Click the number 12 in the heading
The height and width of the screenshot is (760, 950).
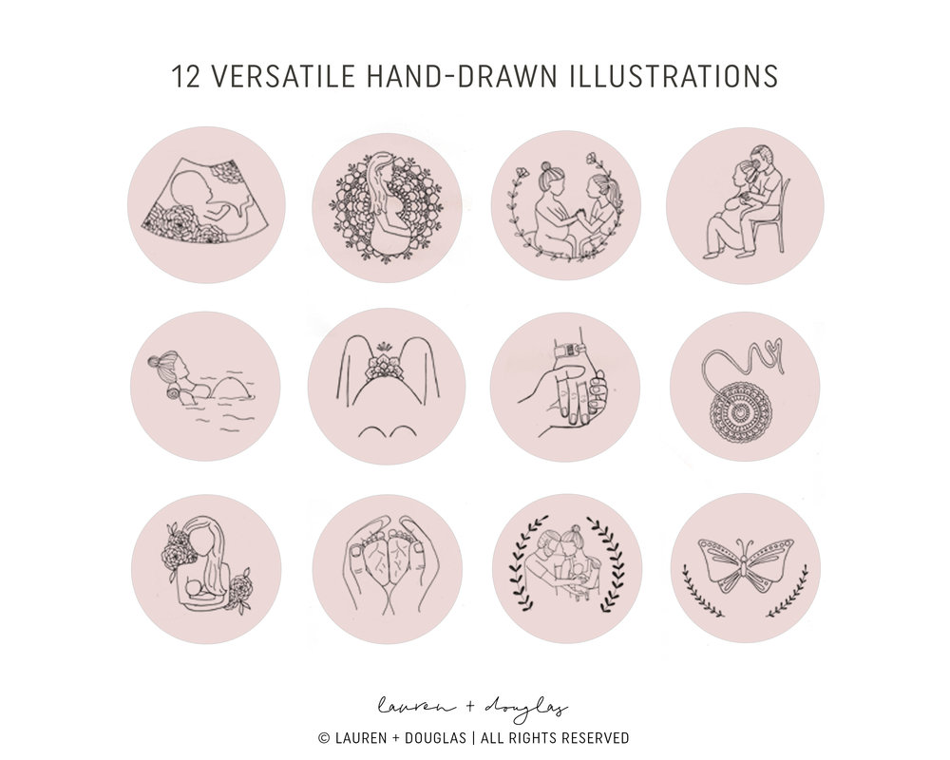click(x=186, y=76)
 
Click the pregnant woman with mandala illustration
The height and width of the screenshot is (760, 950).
click(x=387, y=207)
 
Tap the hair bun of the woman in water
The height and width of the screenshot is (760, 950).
click(x=155, y=362)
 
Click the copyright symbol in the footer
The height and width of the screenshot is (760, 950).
click(x=324, y=738)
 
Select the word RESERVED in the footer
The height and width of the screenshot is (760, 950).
click(x=595, y=738)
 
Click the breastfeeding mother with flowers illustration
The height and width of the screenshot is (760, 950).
click(x=206, y=565)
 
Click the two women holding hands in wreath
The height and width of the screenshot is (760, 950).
click(x=566, y=207)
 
